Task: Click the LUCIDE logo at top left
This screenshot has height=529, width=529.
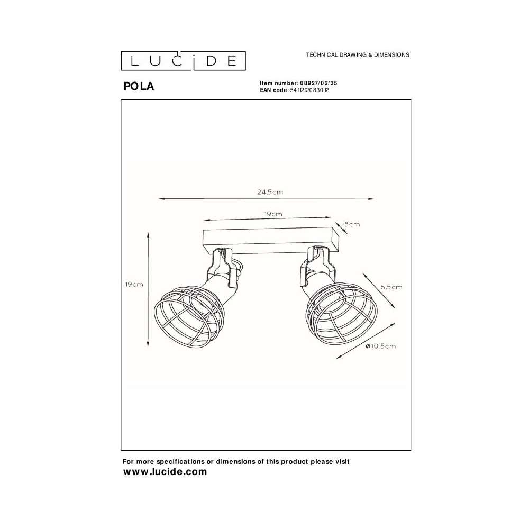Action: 183,61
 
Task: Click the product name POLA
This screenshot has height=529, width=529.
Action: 139,86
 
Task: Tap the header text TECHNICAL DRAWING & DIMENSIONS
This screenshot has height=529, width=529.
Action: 358,54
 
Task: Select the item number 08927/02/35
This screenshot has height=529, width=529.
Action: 318,83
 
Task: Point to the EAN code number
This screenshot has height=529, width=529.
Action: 309,90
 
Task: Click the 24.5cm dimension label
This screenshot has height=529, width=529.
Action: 270,193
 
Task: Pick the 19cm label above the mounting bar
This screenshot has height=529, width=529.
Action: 273,214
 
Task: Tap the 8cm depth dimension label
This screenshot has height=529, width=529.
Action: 352,224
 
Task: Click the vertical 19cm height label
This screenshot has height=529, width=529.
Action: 134,285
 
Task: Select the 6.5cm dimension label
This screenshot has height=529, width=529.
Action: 391,287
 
